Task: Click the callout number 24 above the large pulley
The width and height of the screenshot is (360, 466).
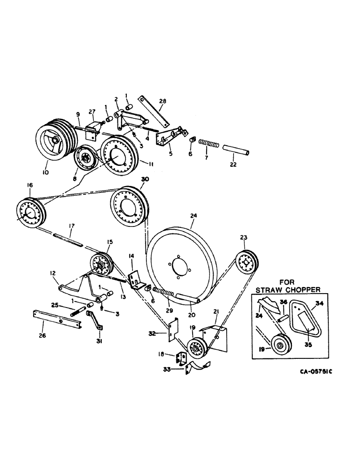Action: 194,216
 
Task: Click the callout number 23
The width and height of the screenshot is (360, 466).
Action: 243,238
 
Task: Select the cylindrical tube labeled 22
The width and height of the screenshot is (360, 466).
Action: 236,152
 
